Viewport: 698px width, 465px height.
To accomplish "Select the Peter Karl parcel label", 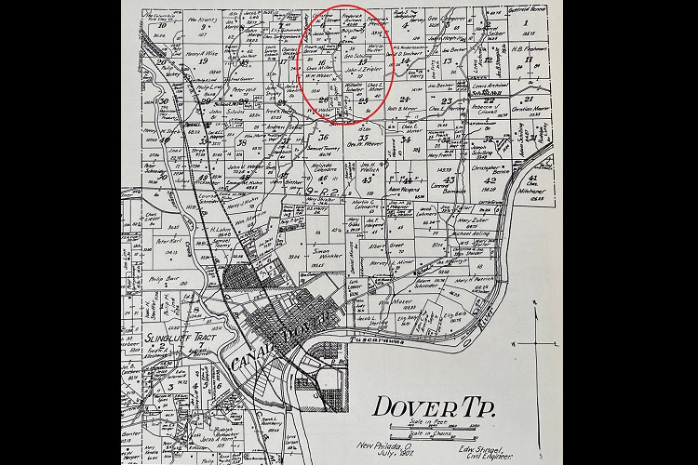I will tap(168, 241).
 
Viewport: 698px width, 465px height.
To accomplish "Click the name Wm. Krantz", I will tap(202, 18).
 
